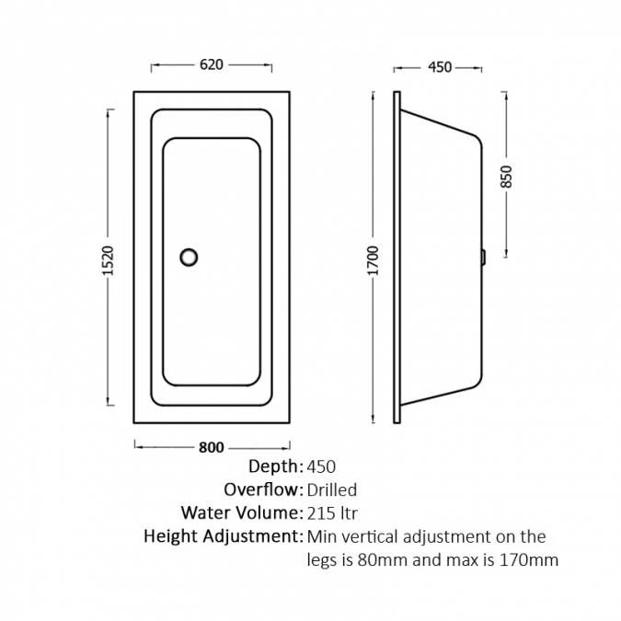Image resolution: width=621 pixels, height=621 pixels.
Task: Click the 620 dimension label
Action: click(x=212, y=64)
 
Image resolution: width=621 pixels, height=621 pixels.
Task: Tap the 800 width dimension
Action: click(x=212, y=447)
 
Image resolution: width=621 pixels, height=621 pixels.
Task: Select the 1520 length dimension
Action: click(x=108, y=260)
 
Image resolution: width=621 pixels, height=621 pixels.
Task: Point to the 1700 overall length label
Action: click(x=374, y=260)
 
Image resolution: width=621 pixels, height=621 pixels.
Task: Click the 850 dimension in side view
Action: click(x=507, y=177)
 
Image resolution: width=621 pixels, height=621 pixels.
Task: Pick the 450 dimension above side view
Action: click(x=440, y=67)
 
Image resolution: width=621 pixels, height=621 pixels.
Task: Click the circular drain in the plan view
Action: click(x=189, y=258)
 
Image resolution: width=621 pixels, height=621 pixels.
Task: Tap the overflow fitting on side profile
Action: click(x=483, y=258)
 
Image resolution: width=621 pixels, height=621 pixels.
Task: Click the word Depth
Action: click(x=273, y=466)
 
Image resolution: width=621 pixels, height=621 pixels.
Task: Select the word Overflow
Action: click(x=260, y=489)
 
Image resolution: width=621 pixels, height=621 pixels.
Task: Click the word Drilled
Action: click(x=332, y=490)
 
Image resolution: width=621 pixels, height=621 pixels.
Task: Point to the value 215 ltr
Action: click(x=332, y=513)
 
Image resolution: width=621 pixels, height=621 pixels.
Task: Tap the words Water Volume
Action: click(x=239, y=512)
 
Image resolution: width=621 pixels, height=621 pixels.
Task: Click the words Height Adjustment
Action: click(x=221, y=536)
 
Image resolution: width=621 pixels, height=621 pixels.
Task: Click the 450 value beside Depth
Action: click(x=321, y=466)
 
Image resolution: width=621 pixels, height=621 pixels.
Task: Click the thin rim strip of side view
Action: click(x=397, y=258)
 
